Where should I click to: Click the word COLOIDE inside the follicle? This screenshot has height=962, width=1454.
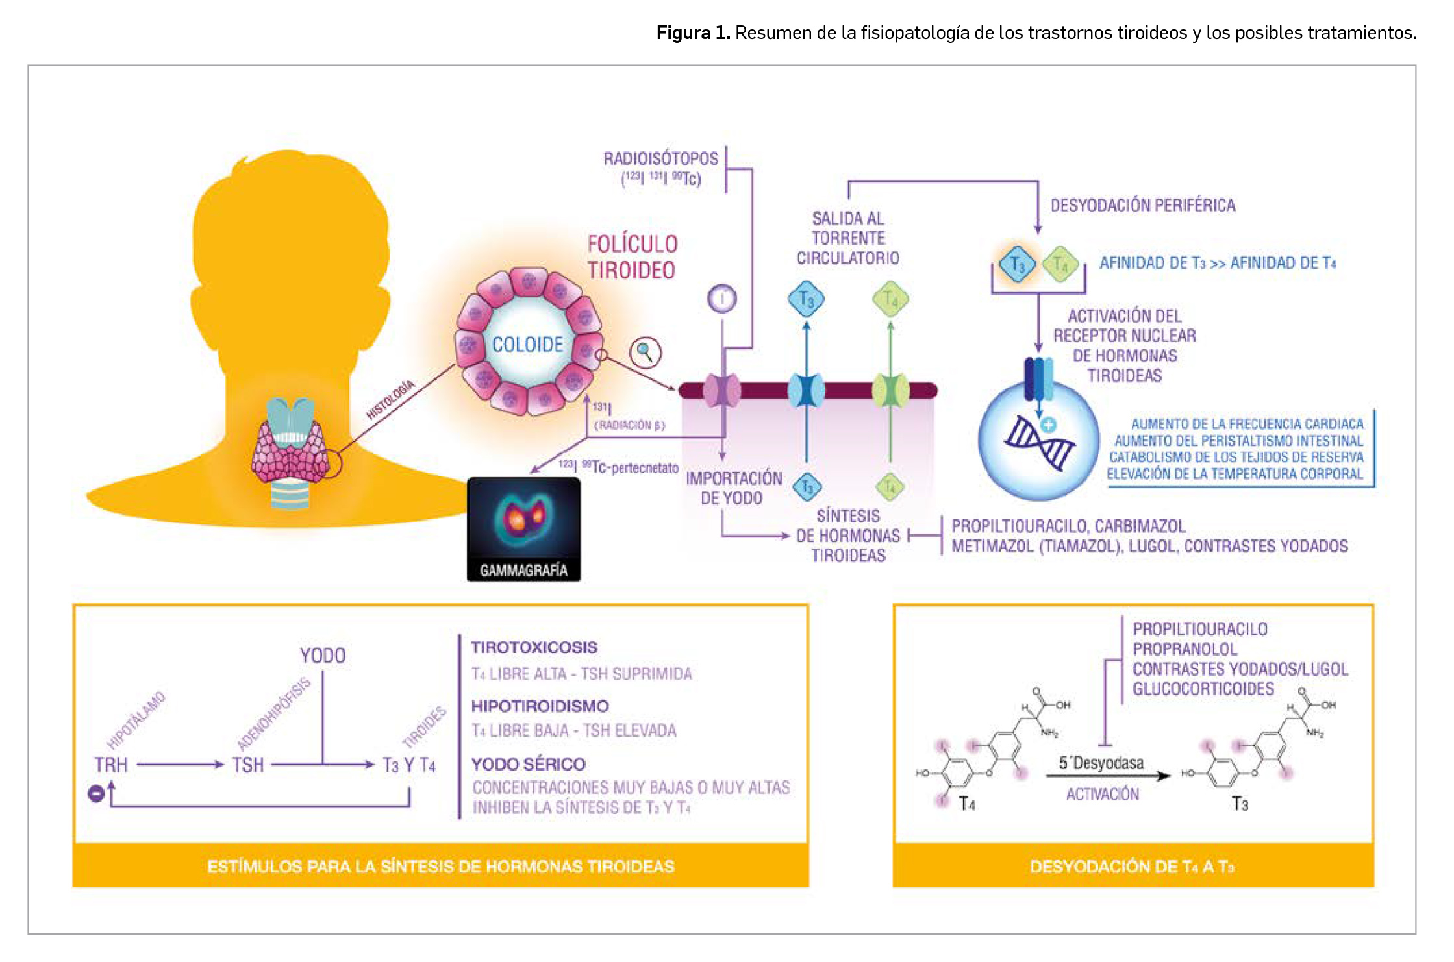click(527, 345)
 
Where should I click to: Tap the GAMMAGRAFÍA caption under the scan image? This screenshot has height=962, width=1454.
click(523, 571)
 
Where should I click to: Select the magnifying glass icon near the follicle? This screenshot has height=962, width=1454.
click(645, 352)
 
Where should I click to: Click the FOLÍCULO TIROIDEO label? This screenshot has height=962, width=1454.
click(633, 257)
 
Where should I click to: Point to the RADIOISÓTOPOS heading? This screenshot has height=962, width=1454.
click(660, 159)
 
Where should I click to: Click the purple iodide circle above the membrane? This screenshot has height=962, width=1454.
click(722, 299)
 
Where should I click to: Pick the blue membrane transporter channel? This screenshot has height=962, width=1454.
click(806, 391)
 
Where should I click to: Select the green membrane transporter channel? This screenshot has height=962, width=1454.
click(890, 391)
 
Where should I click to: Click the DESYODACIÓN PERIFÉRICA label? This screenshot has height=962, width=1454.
click(1143, 206)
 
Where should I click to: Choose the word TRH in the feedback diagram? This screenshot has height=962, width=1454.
click(111, 765)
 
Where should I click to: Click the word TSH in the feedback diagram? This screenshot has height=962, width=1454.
click(248, 765)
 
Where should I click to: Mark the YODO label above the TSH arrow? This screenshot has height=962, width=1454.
click(323, 656)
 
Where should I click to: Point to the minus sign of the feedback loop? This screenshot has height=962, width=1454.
click(96, 793)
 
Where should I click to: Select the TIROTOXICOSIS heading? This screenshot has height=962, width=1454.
click(534, 647)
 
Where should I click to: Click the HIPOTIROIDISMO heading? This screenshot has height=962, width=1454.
click(540, 706)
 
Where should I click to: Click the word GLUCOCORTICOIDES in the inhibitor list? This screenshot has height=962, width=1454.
click(1203, 689)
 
